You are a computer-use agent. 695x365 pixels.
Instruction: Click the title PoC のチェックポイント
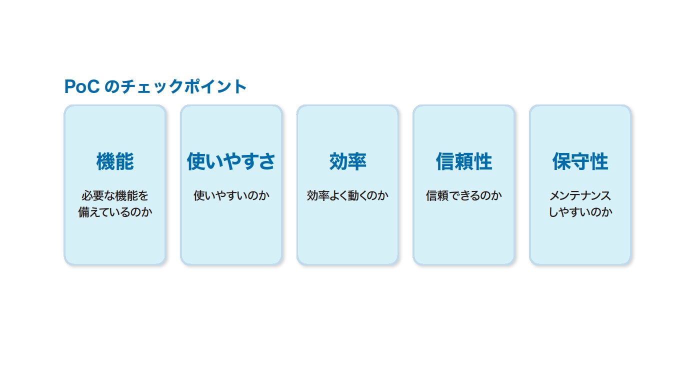(x=155, y=86)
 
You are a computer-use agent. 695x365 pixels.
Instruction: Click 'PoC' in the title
(x=82, y=86)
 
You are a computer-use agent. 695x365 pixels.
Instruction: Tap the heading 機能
(x=115, y=161)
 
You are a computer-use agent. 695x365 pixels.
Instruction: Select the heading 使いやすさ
(x=231, y=161)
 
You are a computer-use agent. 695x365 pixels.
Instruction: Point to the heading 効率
(x=347, y=161)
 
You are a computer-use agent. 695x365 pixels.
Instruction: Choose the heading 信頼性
(x=464, y=161)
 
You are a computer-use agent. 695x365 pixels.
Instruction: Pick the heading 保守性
(x=580, y=161)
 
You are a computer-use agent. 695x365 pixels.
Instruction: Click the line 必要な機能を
(x=115, y=196)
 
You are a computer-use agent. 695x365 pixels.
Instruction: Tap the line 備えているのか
(x=115, y=212)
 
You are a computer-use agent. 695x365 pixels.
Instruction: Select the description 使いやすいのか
(x=231, y=196)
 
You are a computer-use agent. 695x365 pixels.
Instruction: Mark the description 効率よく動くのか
(x=347, y=196)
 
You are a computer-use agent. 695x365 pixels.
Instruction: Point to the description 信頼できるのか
(x=464, y=196)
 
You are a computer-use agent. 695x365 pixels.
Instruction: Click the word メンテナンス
(x=580, y=196)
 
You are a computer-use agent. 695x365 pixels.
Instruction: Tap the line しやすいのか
(x=580, y=212)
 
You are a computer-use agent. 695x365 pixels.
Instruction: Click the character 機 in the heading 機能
(x=106, y=161)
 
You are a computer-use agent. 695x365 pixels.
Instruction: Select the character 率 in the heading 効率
(x=357, y=161)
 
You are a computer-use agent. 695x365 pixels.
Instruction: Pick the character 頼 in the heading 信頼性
(x=464, y=161)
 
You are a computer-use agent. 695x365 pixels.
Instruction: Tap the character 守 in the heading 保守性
(x=580, y=161)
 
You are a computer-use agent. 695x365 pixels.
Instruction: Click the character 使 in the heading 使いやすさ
(x=196, y=161)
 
